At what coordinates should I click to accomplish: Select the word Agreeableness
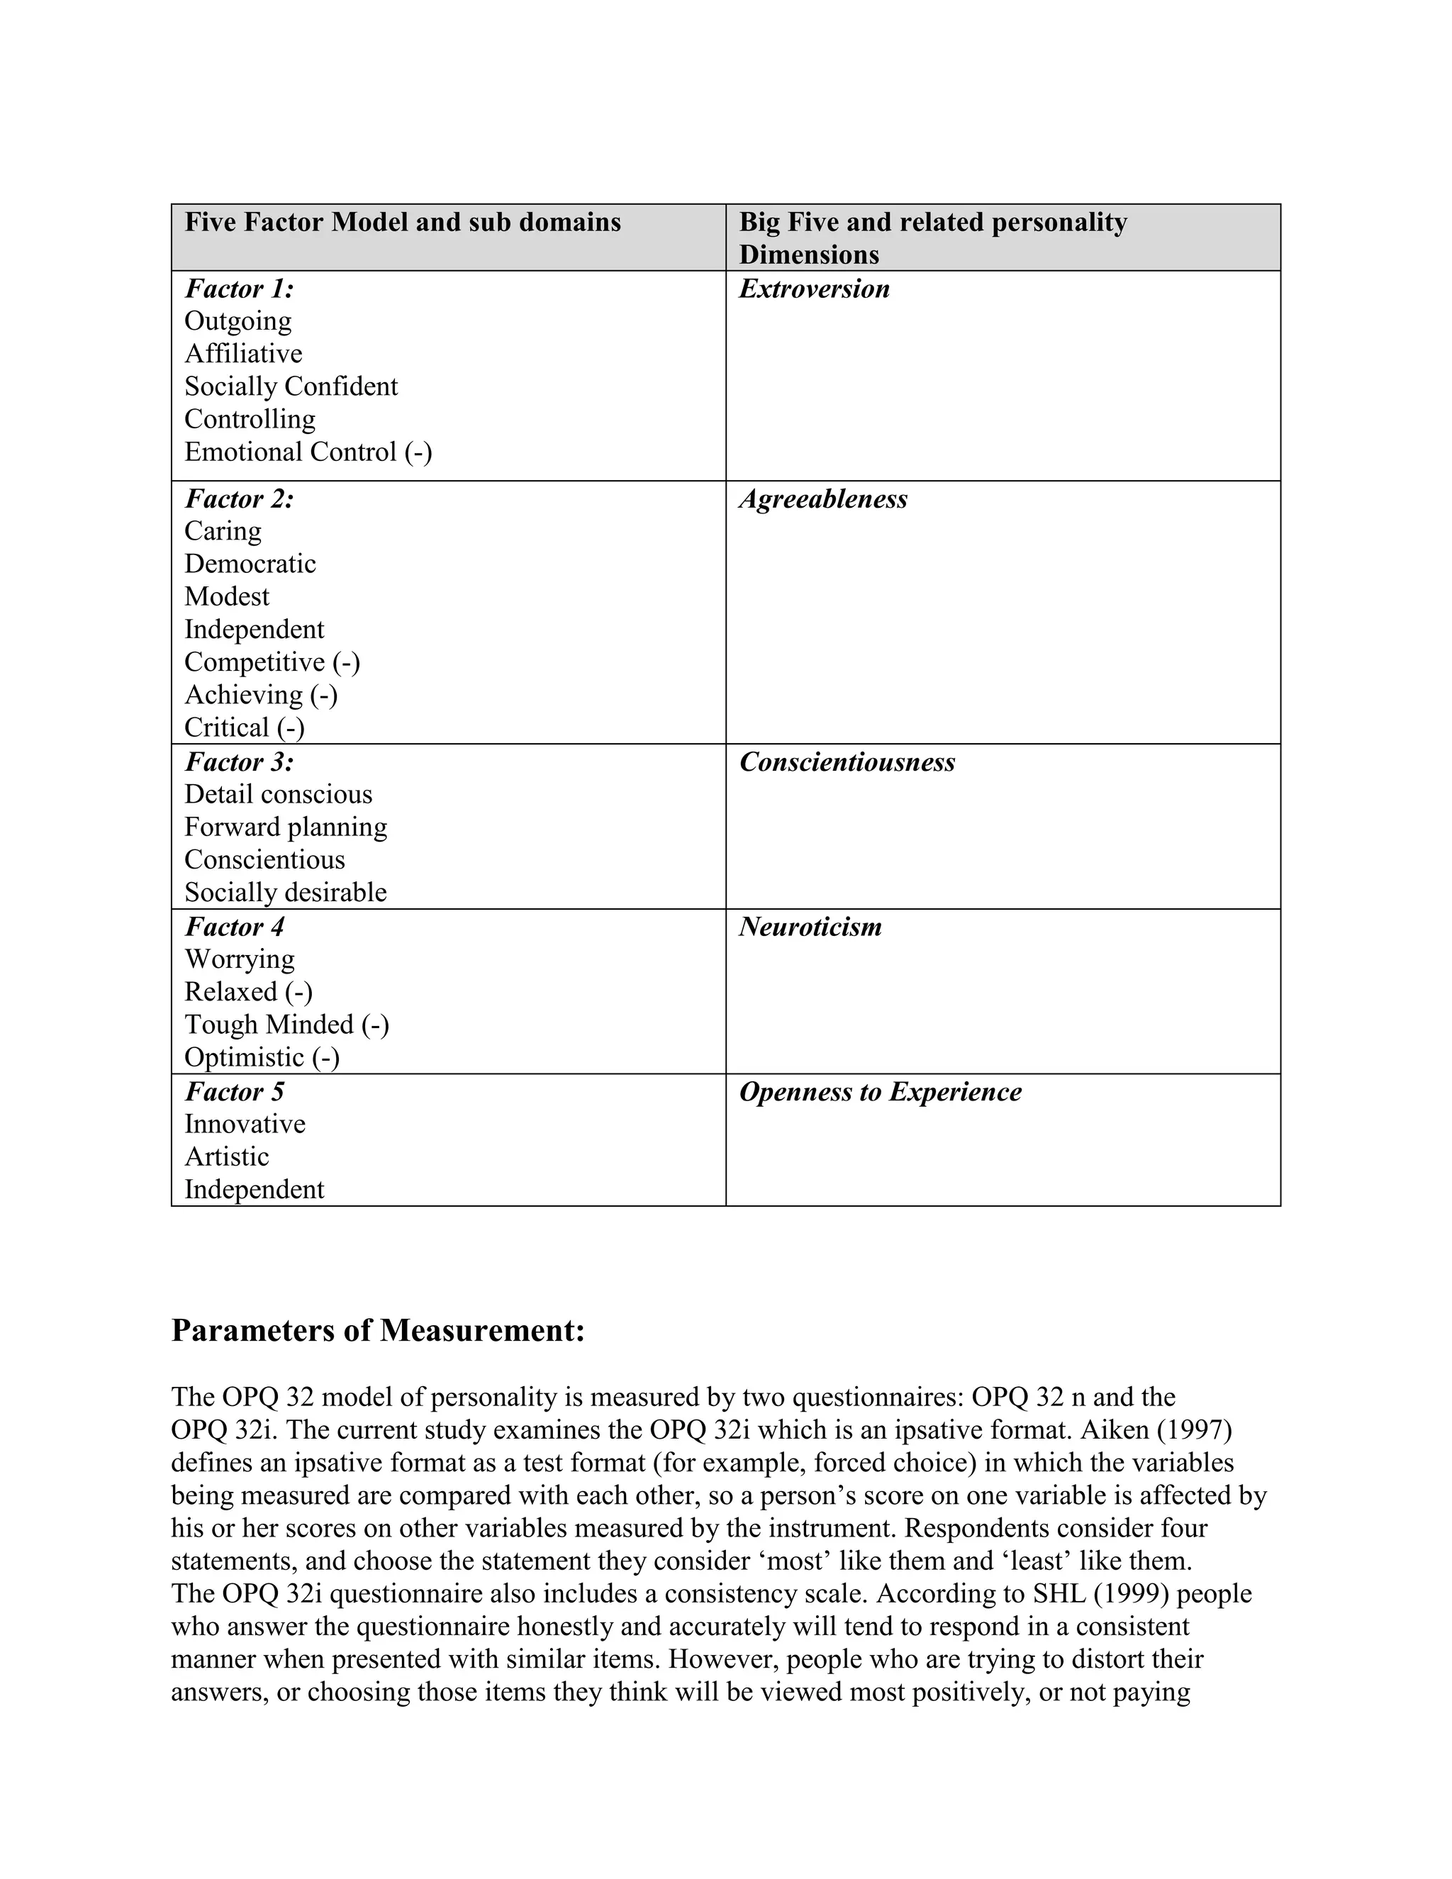(x=822, y=499)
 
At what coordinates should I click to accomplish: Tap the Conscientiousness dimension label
(x=847, y=762)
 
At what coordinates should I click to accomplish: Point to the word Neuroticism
(x=810, y=927)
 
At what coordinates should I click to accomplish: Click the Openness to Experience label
(x=880, y=1092)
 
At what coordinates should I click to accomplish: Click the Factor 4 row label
(x=234, y=927)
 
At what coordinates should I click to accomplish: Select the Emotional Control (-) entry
(x=308, y=452)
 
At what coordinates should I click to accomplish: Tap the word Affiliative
(x=243, y=354)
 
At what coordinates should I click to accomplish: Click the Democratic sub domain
(x=250, y=564)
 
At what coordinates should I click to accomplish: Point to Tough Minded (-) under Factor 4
(x=286, y=1025)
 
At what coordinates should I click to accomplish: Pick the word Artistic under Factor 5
(x=226, y=1157)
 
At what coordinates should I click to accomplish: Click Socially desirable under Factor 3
(x=286, y=892)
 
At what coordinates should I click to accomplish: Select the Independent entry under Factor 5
(x=254, y=1190)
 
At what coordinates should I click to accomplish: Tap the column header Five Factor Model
(x=403, y=223)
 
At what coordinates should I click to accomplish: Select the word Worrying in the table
(x=239, y=959)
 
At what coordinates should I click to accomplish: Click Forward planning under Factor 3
(x=286, y=827)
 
